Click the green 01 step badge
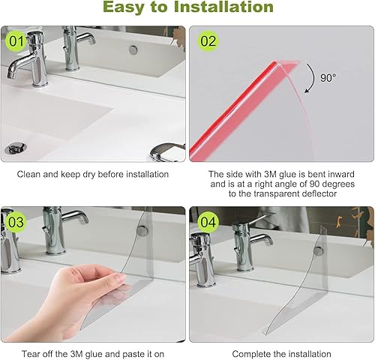[x=16, y=41]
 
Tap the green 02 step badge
[x=208, y=41]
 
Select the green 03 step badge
[x=16, y=222]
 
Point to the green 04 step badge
[x=208, y=222]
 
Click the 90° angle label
[x=328, y=78]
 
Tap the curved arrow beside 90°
[x=313, y=78]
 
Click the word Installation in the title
[x=223, y=7]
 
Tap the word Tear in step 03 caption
[x=31, y=354]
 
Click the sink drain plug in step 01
[x=15, y=148]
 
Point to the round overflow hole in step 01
[x=133, y=49]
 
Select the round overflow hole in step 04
[x=318, y=250]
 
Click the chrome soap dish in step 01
[x=167, y=151]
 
